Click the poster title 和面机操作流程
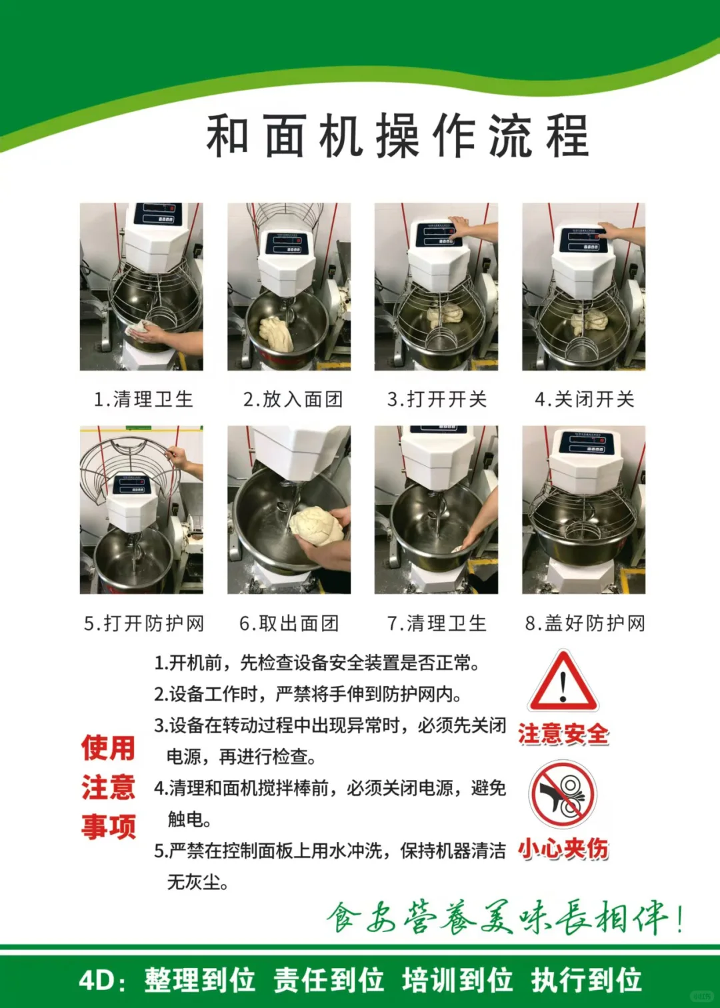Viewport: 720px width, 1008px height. (397, 136)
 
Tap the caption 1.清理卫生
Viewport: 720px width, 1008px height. (143, 399)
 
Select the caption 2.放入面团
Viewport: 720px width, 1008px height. (293, 399)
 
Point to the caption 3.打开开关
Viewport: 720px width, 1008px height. (437, 399)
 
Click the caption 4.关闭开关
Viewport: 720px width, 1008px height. (585, 399)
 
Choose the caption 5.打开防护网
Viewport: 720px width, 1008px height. (144, 623)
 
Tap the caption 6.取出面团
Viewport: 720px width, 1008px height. (289, 623)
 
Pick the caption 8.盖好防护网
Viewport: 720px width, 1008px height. (585, 623)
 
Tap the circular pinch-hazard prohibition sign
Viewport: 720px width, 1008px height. (563, 795)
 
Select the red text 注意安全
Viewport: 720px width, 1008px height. (563, 734)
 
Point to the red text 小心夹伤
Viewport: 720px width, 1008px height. (563, 849)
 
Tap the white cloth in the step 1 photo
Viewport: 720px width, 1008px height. (139, 329)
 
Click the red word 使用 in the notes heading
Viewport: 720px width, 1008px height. (108, 748)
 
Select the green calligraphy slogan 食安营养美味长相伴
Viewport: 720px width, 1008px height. (503, 918)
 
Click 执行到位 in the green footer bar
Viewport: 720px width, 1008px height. (587, 981)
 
